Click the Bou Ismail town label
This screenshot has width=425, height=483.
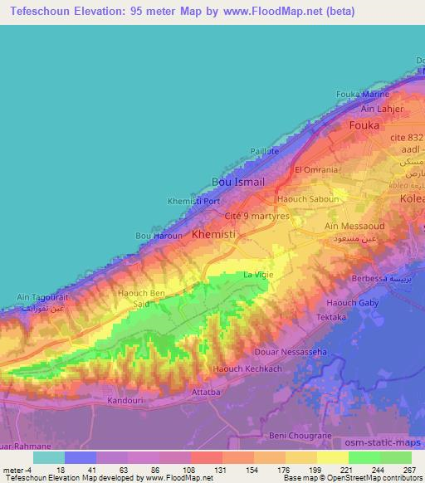coord(238,182)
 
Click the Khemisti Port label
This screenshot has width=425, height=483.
coord(193,201)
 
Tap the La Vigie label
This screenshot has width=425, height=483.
coord(257,276)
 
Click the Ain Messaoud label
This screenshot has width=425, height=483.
coord(353,227)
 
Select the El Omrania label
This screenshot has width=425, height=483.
coord(316,169)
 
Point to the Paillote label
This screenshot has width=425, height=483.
coord(266,151)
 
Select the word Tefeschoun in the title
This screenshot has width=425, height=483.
coord(42,12)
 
